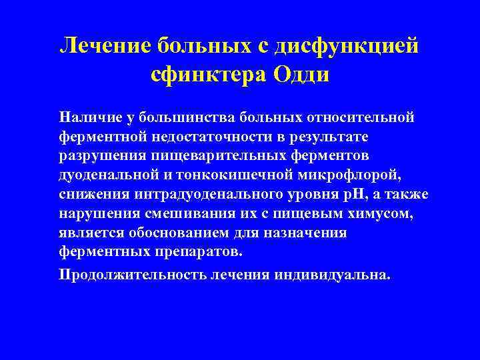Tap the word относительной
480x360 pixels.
click(361, 118)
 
